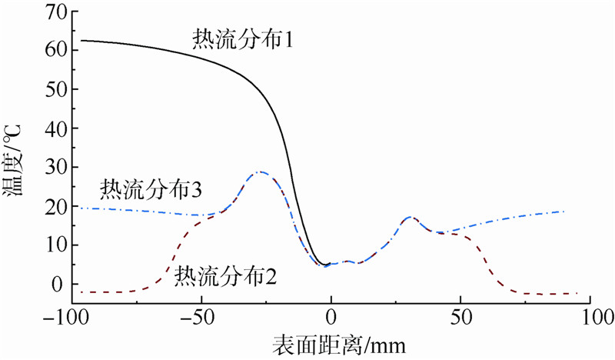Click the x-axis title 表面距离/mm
click(x=328, y=344)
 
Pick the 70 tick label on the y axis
click(x=59, y=12)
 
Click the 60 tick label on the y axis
click(x=59, y=51)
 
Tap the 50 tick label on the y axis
click(x=59, y=90)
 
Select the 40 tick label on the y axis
click(x=59, y=128)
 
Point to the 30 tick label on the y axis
click(x=59, y=168)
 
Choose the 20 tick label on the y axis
click(x=59, y=207)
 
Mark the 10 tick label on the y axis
click(x=59, y=245)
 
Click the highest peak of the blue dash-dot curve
click(x=261, y=172)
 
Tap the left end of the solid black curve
click(x=81, y=40)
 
